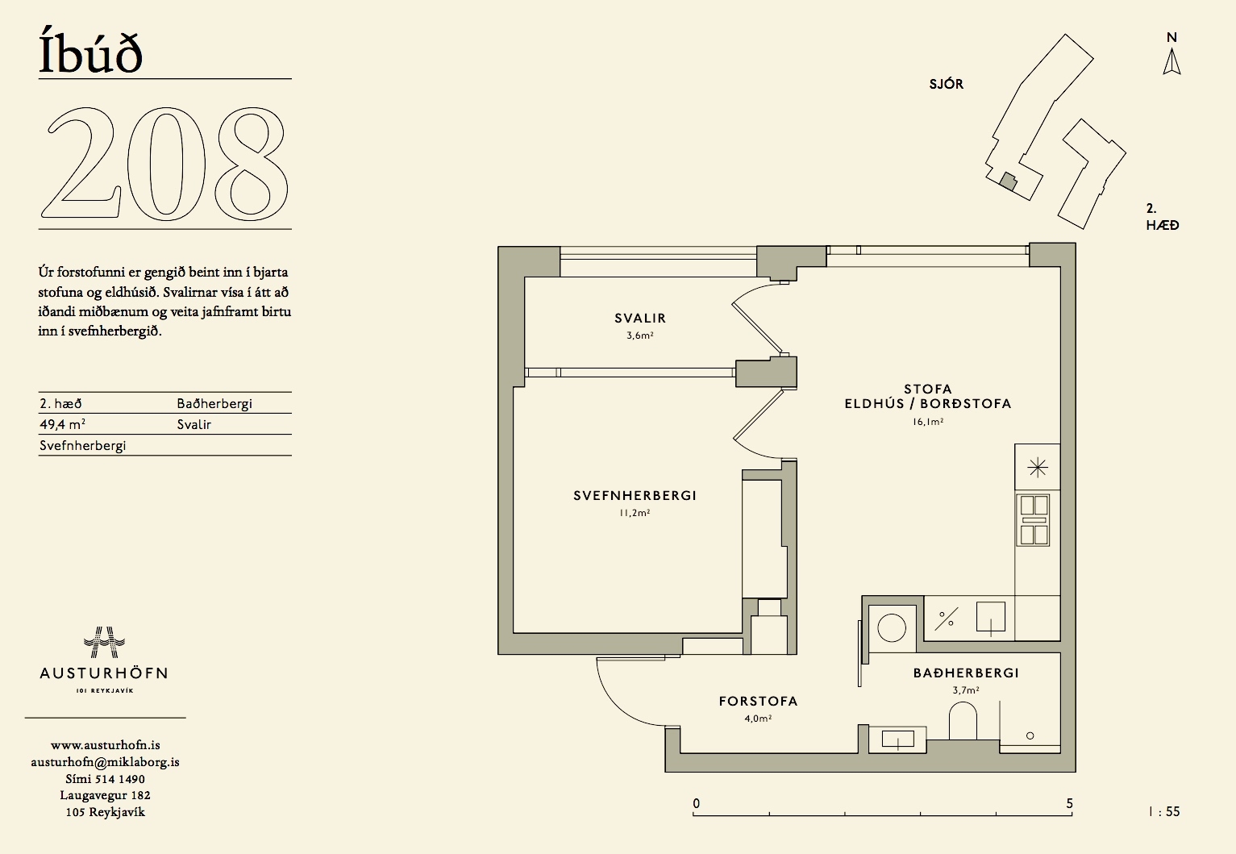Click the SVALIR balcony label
pos(640,318)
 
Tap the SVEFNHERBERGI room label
pos(635,495)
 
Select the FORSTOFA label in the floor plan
pos(758,701)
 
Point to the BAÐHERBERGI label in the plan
pos(966,673)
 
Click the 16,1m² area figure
pos(927,422)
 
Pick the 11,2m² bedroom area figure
pos(635,513)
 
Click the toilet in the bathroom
pos(963,721)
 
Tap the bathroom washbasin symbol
pos(897,739)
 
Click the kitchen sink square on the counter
pos(990,617)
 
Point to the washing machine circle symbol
pos(892,627)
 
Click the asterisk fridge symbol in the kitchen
pos(1038,468)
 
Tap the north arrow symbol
pos(1171,62)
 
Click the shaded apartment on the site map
pos(1009,181)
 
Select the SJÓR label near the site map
pos(947,84)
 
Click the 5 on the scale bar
pos(1069,804)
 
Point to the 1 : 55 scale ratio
pos(1164,811)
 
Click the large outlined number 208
pos(164,164)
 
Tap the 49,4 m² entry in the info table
pos(62,424)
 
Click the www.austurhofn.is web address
pos(106,745)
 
